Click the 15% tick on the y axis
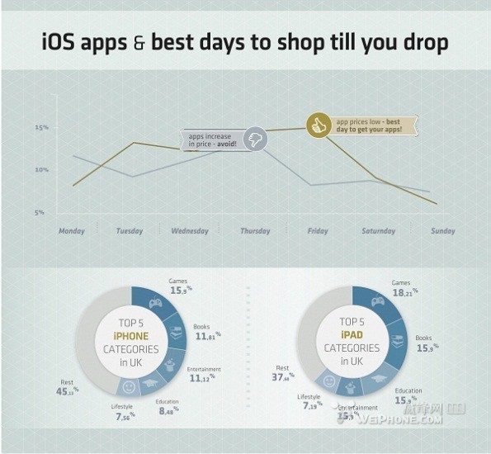[x=41, y=127]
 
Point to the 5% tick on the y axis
[x=39, y=213]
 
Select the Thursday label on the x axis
[x=255, y=231]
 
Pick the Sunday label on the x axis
[x=443, y=231]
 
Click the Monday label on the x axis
[x=72, y=231]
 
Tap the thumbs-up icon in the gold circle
[x=318, y=125]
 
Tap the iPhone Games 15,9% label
[x=180, y=286]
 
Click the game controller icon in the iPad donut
[x=377, y=300]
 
